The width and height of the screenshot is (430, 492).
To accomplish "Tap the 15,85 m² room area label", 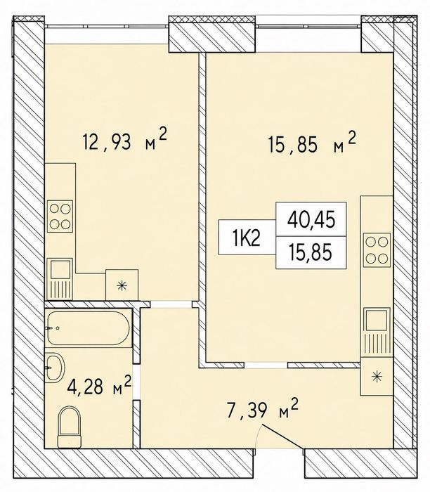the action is [x=313, y=143].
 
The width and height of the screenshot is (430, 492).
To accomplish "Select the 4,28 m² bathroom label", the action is [x=99, y=386].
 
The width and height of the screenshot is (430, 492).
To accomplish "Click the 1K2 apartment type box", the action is [x=247, y=237].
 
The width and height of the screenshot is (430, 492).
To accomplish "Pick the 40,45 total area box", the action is [x=311, y=219].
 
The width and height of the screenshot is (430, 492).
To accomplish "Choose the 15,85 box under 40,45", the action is [x=311, y=252].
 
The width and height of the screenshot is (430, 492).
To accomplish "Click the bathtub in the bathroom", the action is [x=88, y=328].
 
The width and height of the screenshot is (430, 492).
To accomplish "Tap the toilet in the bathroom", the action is [x=70, y=427].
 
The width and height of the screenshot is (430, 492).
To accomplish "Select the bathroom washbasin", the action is [x=55, y=367].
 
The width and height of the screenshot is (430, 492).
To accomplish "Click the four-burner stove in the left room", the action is [x=60, y=216].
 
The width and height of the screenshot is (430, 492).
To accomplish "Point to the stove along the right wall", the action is [x=377, y=250].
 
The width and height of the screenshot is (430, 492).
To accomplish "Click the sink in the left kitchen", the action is [x=60, y=279].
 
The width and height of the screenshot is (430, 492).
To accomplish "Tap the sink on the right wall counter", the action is [x=377, y=332].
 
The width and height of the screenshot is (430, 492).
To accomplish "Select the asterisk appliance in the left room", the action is [x=122, y=285].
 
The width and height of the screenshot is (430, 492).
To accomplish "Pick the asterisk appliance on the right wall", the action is [x=377, y=376].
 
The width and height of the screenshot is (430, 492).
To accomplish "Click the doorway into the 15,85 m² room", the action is [x=266, y=365].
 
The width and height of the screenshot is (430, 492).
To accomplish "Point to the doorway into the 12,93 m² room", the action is [x=171, y=304].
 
